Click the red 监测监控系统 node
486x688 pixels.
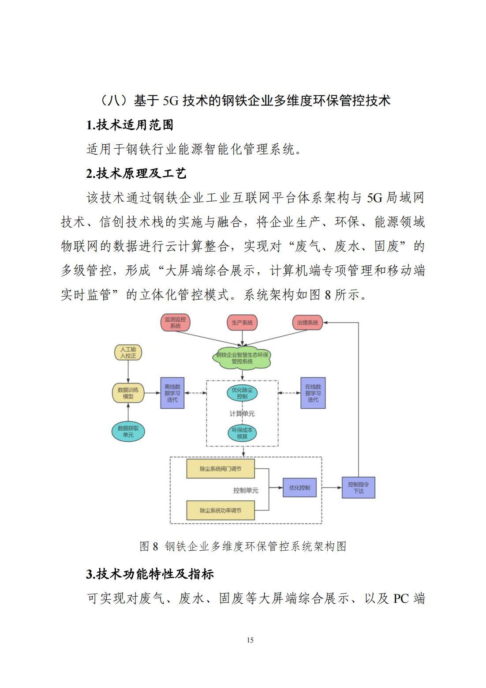[x=175, y=323]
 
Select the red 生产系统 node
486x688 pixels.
[x=242, y=323]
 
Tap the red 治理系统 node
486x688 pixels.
[x=307, y=323]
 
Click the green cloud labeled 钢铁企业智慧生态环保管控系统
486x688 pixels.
[x=242, y=358]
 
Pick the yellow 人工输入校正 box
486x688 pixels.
[x=128, y=353]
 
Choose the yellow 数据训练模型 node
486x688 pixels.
[x=128, y=393]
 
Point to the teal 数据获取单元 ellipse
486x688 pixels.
[x=128, y=432]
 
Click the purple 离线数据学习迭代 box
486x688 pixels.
[x=172, y=393]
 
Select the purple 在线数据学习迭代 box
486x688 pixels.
[x=313, y=393]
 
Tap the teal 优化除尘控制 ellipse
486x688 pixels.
[x=242, y=393]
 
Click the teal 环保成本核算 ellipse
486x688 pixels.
[x=242, y=433]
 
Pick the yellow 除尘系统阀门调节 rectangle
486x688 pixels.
[x=221, y=469]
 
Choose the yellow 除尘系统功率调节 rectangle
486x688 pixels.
[x=221, y=511]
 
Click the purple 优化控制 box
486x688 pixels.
[x=299, y=488]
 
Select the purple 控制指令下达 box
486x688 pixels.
[x=358, y=488]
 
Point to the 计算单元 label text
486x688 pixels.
[x=242, y=414]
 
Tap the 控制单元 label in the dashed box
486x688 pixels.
[x=246, y=490]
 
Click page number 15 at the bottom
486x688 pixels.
[x=250, y=640]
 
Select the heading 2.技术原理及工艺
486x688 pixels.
[x=136, y=173]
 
